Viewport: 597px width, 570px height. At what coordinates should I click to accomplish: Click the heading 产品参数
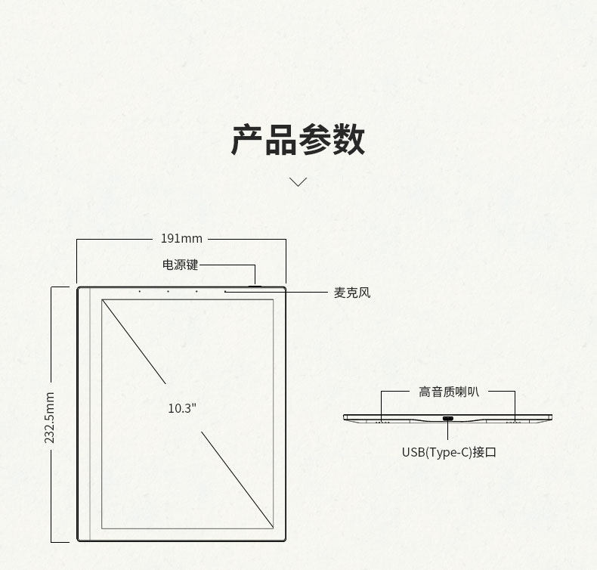click(298, 141)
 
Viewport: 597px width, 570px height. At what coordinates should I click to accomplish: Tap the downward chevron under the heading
click(298, 181)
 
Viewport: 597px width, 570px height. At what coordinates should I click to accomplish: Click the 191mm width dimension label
click(181, 239)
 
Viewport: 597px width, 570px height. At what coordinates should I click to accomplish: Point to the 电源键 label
click(180, 265)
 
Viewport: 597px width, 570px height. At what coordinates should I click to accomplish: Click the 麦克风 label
click(352, 293)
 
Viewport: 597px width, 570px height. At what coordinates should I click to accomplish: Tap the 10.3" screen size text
click(182, 408)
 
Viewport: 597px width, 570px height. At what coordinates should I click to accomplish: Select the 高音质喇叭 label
click(449, 392)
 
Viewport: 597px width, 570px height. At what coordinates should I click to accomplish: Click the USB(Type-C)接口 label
click(449, 452)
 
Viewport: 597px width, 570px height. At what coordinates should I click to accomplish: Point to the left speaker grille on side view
click(382, 421)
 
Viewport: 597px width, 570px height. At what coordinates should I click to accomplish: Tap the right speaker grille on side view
click(514, 421)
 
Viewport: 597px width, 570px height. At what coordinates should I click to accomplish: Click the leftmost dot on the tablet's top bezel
click(139, 291)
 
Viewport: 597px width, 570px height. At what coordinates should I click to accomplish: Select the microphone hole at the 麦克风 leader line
click(225, 291)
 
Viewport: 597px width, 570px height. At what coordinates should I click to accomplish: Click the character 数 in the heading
click(348, 141)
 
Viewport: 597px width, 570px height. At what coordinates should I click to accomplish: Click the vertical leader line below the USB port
click(448, 431)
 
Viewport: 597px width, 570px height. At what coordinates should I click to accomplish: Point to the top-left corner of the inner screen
click(102, 300)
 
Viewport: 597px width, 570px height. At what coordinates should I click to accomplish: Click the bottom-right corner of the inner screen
click(274, 529)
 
